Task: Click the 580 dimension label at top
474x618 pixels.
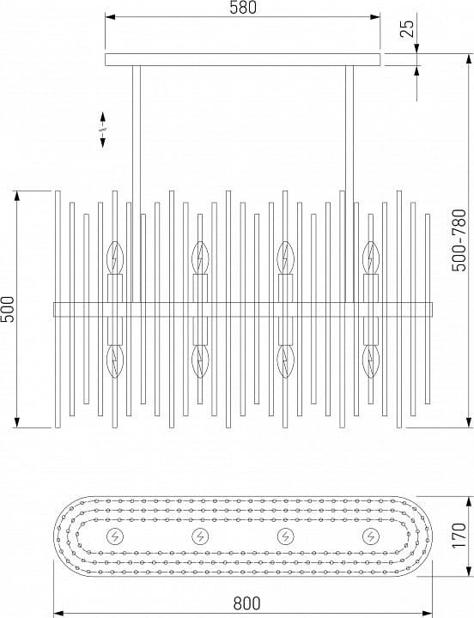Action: coord(243,8)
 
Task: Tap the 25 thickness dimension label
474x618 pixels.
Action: coord(408,28)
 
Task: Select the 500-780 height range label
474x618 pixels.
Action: coord(459,240)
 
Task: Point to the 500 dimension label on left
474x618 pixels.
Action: coord(8,309)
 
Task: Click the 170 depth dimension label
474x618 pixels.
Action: coord(459,535)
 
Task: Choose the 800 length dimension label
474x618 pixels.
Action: coord(246,603)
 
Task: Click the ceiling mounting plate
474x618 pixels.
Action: coord(242,59)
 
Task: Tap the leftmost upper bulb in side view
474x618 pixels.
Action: coord(115,257)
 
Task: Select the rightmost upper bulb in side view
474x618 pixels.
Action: coord(371,257)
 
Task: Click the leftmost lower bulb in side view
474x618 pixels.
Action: coord(115,362)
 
